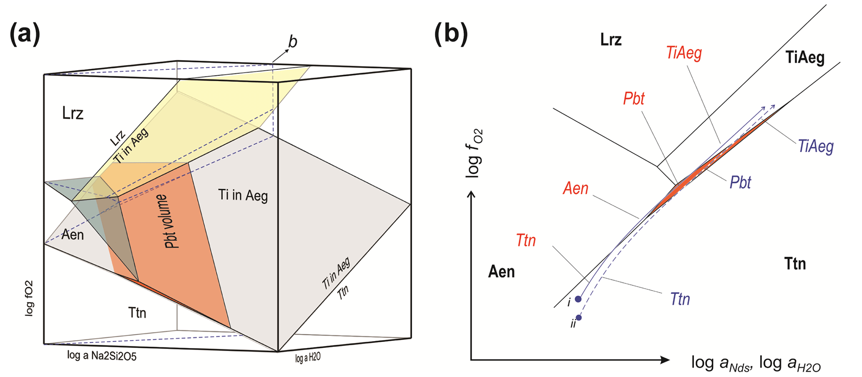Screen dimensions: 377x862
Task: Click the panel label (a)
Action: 25,34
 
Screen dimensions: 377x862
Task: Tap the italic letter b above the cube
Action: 293,42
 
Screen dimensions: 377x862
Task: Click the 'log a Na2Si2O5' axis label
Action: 102,356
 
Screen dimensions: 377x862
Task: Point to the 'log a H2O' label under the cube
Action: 308,358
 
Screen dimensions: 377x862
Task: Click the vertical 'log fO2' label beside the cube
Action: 29,298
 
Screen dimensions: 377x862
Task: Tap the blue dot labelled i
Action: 578,299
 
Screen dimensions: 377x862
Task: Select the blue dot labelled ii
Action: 578,318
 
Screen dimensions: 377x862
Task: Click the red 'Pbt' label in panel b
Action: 633,99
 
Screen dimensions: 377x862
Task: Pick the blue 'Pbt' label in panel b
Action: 740,182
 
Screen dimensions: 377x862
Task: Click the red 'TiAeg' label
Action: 684,53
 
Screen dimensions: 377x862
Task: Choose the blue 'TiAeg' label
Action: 816,146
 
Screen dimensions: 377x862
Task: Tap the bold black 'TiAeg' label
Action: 805,58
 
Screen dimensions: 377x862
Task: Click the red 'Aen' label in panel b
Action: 576,188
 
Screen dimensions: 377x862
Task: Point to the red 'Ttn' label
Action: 525,240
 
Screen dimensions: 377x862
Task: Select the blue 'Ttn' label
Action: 680,299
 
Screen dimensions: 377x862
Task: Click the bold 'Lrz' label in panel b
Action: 611,40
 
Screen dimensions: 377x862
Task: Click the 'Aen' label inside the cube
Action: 73,235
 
